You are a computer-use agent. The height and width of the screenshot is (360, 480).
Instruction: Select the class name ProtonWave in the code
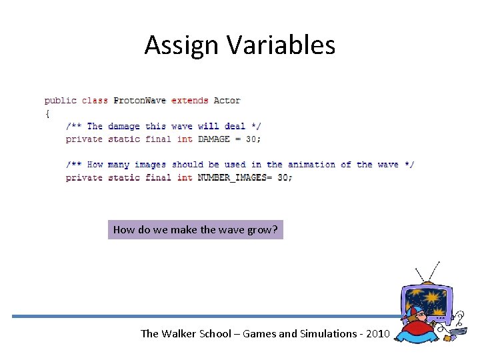click(139, 101)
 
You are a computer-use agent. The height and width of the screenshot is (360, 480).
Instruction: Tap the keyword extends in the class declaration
click(189, 101)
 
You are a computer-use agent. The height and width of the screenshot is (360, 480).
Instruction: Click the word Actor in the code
click(227, 101)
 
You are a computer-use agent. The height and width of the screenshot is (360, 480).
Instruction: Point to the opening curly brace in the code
click(47, 113)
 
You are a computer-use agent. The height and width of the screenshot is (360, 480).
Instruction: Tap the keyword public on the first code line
click(60, 101)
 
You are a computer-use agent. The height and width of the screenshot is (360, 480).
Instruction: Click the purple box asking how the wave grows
click(195, 230)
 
